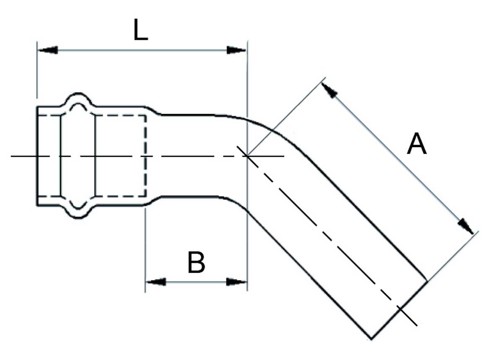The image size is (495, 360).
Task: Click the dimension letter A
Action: coord(417,145)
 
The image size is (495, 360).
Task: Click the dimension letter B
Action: coord(196,263)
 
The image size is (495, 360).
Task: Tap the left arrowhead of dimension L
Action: coord(47,50)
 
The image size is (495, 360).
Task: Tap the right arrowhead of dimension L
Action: coord(236,50)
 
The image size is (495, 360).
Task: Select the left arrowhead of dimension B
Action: coord(155,282)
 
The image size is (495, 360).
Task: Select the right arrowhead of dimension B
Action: coord(236,282)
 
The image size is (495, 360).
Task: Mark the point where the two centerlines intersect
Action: coord(248,156)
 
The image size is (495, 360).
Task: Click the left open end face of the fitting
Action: coord(37,156)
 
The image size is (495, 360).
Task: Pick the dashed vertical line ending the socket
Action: coord(146,156)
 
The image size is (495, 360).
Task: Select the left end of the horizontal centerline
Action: coord(13,156)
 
